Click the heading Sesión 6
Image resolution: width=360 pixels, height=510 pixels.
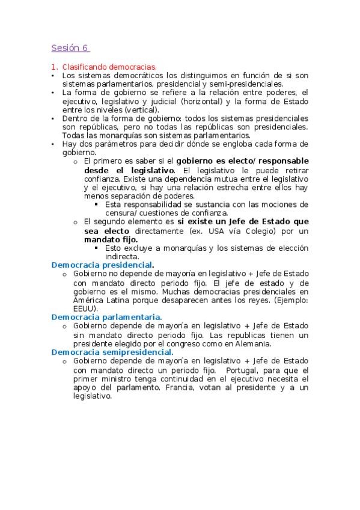[70, 48]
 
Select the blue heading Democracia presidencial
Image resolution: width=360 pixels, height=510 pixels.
[101, 265]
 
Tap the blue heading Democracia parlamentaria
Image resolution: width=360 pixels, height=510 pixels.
[106, 316]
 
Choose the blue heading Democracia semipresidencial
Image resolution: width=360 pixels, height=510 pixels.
[111, 352]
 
